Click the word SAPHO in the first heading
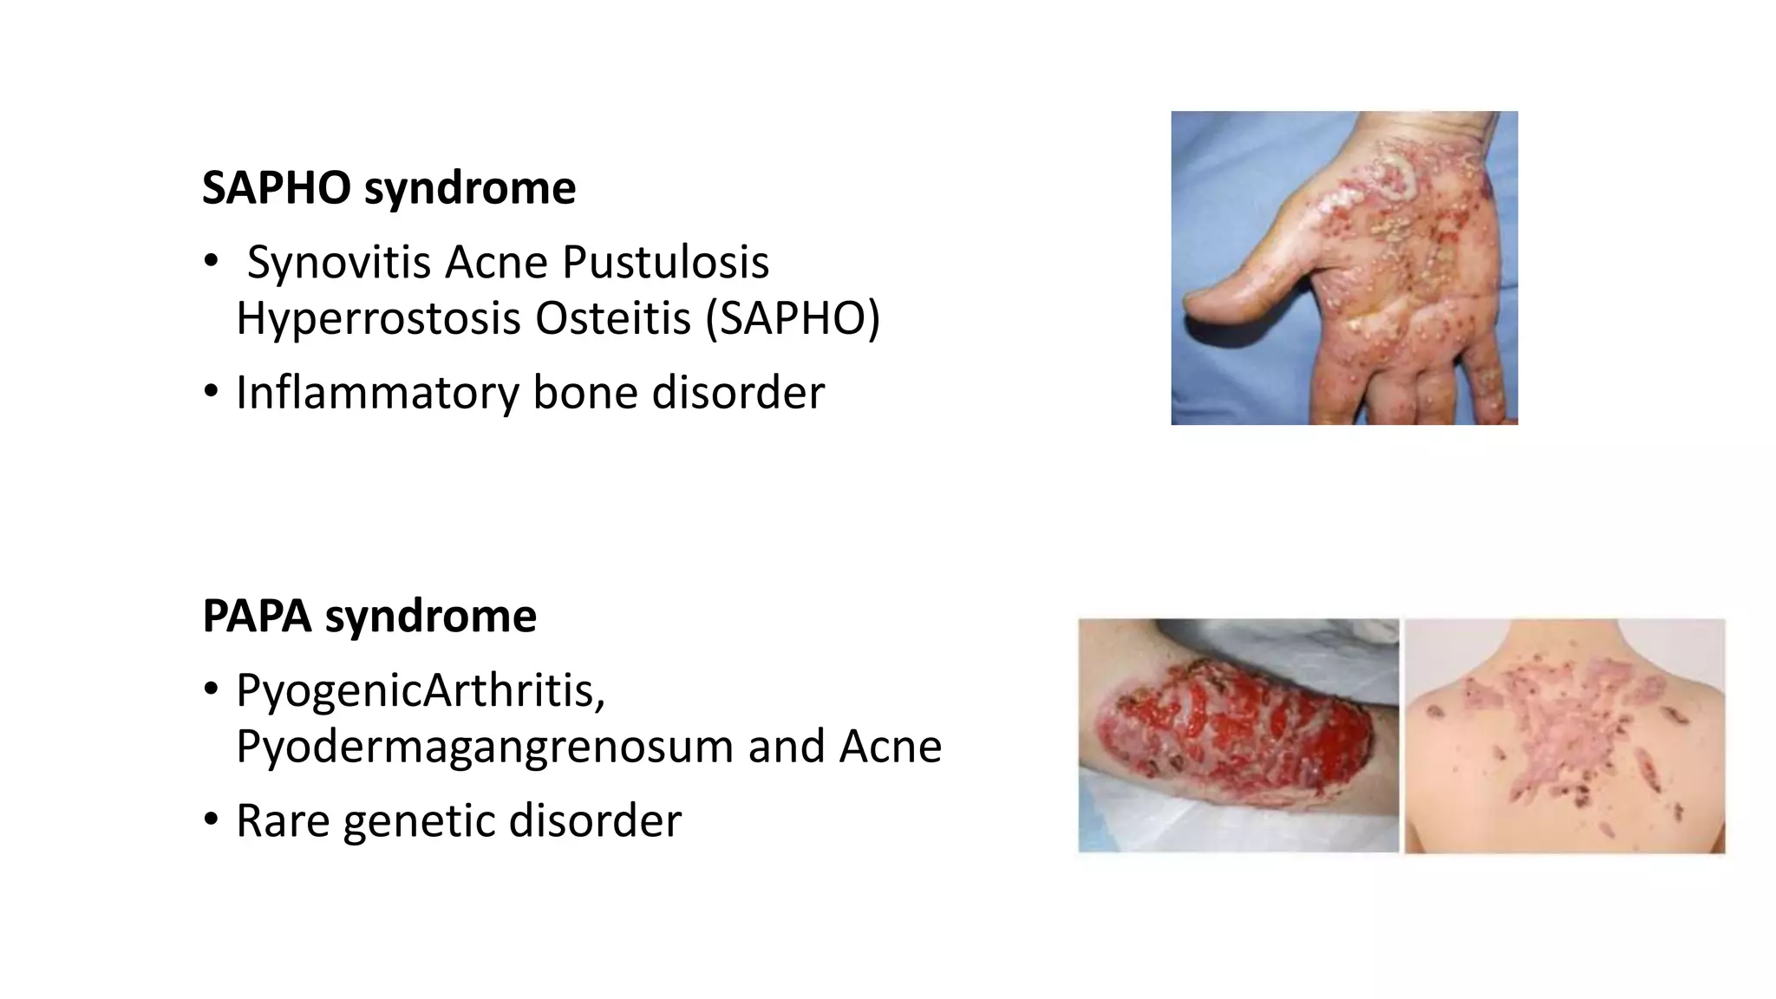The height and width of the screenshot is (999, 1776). coord(277,187)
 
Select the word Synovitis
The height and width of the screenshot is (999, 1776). coord(338,262)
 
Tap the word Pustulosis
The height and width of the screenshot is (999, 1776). coord(665,262)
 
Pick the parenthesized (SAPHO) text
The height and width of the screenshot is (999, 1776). coord(793,318)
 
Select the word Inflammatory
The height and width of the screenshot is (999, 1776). coord(377,393)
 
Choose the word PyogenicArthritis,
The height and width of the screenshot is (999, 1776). coord(421,690)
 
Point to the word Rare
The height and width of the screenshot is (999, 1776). coord(283,820)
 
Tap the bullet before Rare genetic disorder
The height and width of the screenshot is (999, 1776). coord(211,820)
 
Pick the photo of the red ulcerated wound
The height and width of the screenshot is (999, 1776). coord(1237,735)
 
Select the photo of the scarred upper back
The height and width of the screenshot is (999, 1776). coord(1564,735)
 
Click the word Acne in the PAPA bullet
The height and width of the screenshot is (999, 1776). coord(890,746)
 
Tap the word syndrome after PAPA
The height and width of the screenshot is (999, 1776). coord(430,617)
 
